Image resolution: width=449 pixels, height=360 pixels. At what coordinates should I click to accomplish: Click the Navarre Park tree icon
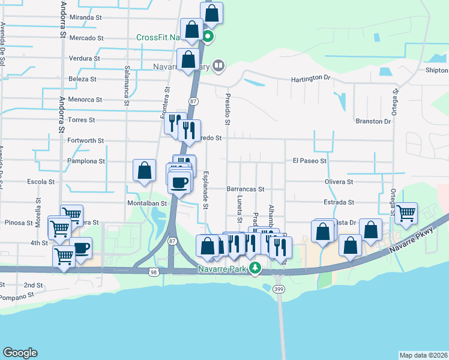tap(255, 267)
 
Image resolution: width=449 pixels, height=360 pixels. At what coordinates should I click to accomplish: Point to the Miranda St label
tap(86, 17)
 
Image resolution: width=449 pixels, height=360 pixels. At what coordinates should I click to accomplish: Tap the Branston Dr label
tap(373, 121)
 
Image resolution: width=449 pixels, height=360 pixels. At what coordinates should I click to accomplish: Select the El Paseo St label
tap(309, 161)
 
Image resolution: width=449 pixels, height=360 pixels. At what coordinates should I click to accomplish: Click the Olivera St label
tap(339, 182)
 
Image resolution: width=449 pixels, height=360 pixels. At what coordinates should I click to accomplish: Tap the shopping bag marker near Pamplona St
tap(145, 171)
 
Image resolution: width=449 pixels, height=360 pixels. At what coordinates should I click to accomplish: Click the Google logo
tap(20, 353)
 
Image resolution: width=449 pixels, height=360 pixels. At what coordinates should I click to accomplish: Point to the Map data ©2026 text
tap(423, 355)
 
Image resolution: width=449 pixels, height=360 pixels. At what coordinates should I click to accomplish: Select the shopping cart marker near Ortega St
tap(406, 213)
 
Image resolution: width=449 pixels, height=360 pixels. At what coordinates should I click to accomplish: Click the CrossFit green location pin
tap(208, 37)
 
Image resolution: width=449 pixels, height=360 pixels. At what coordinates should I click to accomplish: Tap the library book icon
tap(218, 66)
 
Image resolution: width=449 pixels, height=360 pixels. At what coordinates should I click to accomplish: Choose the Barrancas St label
tap(246, 189)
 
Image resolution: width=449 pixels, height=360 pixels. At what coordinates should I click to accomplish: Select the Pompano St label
tap(19, 297)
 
